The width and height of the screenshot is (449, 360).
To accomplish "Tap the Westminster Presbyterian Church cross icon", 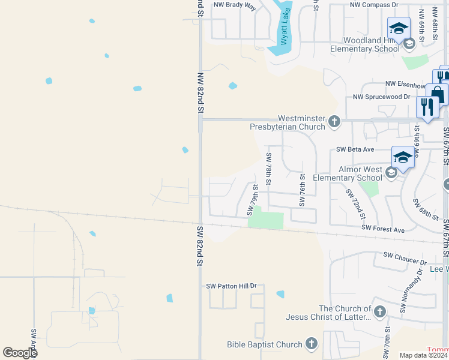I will [335, 122].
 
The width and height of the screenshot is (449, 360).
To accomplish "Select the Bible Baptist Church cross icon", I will [310, 344].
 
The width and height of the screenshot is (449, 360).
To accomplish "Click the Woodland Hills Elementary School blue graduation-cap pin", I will [399, 28].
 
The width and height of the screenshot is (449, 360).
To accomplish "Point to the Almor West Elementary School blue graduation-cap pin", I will [403, 157].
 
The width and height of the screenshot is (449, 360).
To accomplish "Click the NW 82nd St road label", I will [200, 94].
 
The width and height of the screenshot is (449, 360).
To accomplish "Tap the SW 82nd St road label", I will [200, 246].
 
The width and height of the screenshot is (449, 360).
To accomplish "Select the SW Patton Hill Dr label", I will [231, 287].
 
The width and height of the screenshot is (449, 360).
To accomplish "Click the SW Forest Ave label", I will [384, 229].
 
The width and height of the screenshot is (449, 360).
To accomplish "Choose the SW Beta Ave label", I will [355, 149].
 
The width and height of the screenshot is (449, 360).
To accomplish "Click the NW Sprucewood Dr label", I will [381, 97].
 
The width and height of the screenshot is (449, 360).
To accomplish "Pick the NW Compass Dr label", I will [375, 5].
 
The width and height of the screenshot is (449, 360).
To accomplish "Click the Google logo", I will [20, 353].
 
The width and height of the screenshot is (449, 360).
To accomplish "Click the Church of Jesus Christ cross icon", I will [380, 311].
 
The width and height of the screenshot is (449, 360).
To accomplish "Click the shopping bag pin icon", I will [438, 94].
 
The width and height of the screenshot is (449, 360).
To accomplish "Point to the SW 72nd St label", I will [355, 203].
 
